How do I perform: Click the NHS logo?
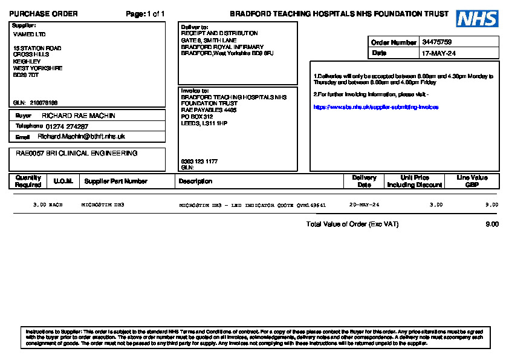click(x=477, y=19)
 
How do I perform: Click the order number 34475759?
click(x=437, y=42)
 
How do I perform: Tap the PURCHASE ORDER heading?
click(x=44, y=14)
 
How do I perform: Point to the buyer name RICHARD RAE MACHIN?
click(x=78, y=116)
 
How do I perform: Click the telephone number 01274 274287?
click(x=66, y=126)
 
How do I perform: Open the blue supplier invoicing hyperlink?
click(x=375, y=107)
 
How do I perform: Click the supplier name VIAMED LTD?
click(x=29, y=34)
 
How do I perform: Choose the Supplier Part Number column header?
click(x=115, y=182)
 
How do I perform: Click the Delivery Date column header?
click(x=364, y=182)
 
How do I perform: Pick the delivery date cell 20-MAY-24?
click(x=364, y=205)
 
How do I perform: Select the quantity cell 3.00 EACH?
click(x=48, y=205)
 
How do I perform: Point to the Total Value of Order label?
click(x=352, y=224)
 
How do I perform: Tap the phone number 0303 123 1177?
click(x=199, y=162)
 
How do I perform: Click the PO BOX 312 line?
click(x=197, y=117)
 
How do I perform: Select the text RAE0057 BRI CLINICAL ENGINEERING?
click(x=76, y=154)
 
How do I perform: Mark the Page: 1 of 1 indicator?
click(x=145, y=14)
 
